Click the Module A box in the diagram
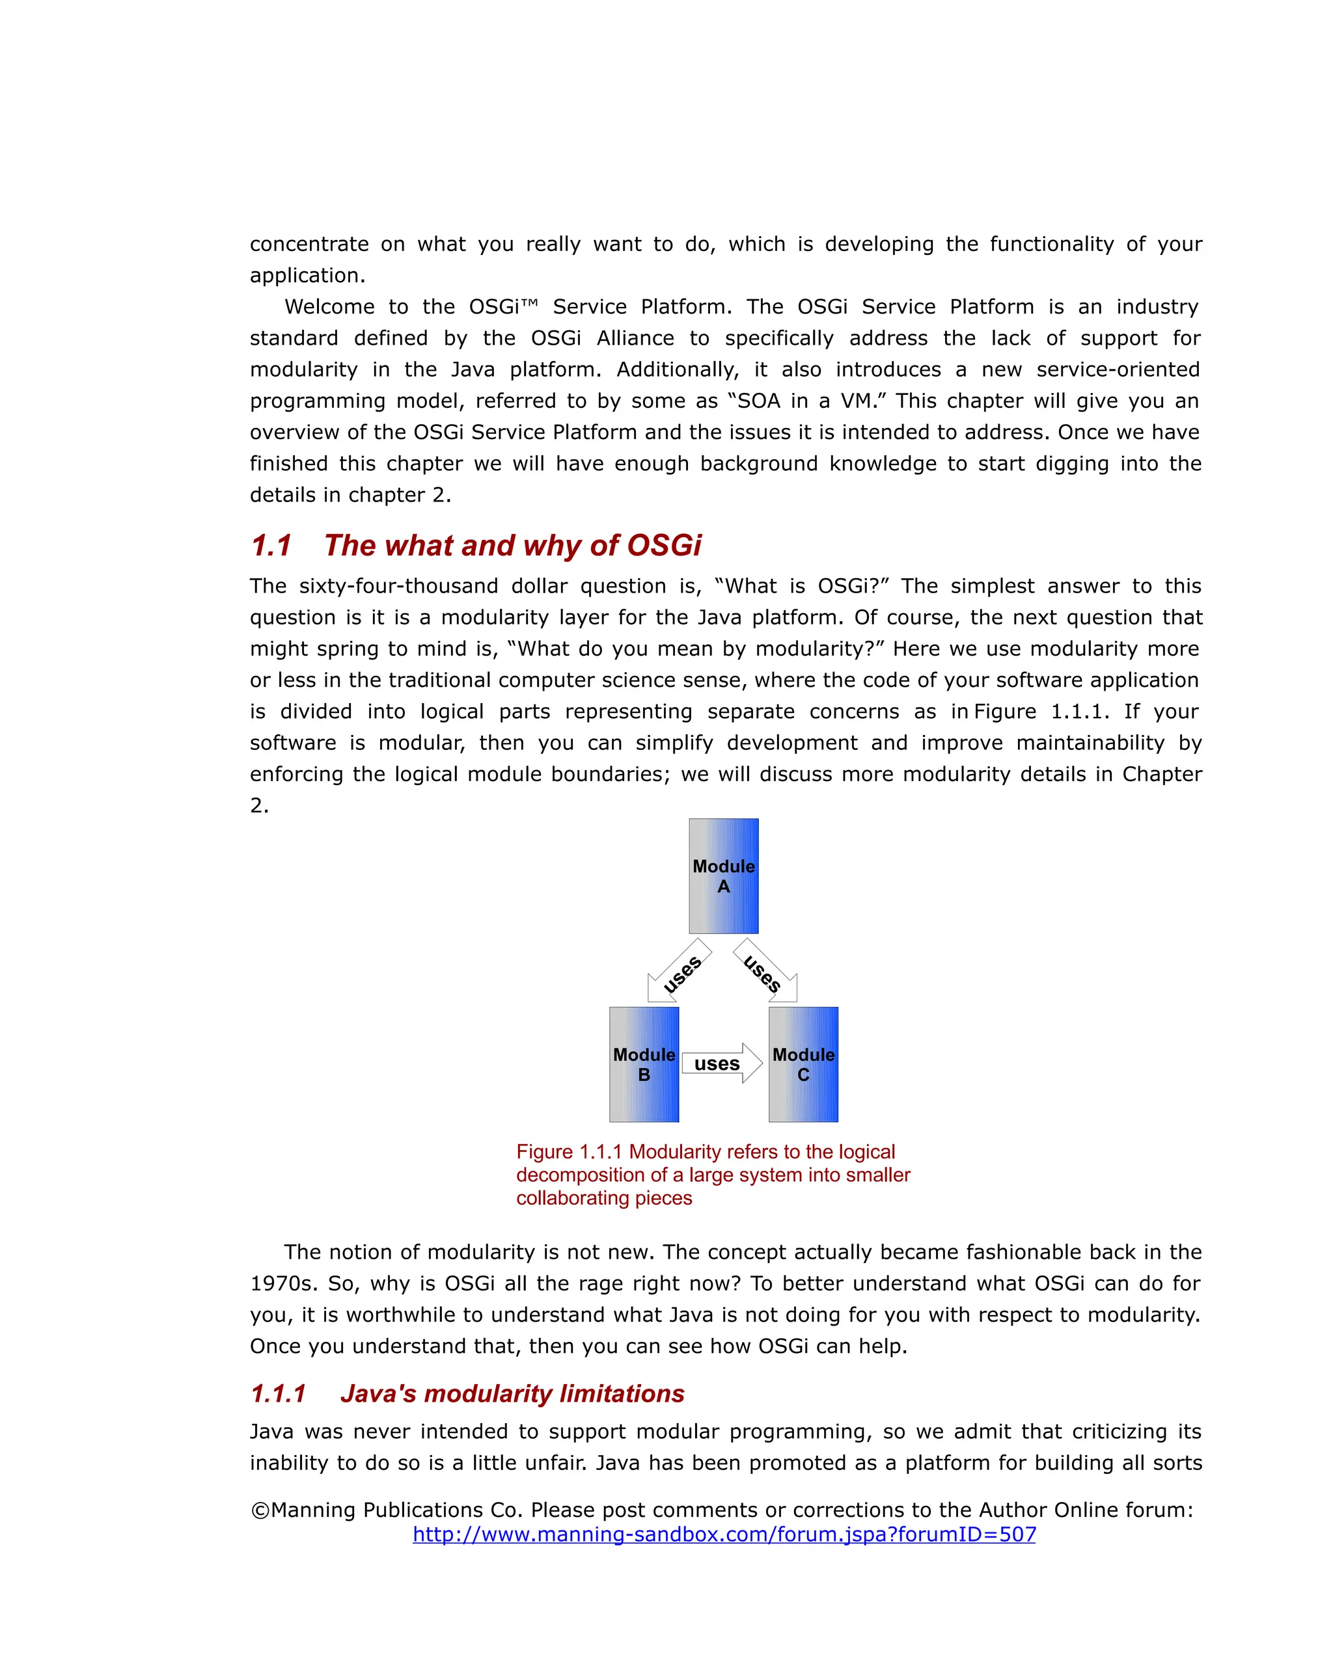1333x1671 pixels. point(722,876)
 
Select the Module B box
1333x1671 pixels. point(644,1063)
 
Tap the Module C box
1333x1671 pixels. point(803,1063)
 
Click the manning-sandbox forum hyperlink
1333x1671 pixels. point(724,1534)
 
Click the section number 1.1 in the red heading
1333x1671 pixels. point(271,546)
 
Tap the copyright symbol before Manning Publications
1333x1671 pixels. point(260,1510)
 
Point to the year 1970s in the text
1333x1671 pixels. point(281,1283)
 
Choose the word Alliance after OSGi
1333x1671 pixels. point(635,339)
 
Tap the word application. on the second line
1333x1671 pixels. point(307,276)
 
